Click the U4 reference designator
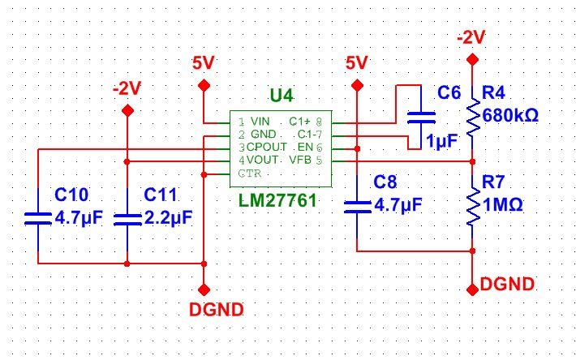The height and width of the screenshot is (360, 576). [x=282, y=96]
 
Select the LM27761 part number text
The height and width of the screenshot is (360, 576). [x=277, y=201]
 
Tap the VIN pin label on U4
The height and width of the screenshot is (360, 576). [x=260, y=121]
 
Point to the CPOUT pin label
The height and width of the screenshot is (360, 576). [x=267, y=147]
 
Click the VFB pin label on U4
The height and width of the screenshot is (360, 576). [x=300, y=160]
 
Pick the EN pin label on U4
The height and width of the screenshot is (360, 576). [x=305, y=147]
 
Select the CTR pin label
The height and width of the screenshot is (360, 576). [x=250, y=173]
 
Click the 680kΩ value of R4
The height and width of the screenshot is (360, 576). [x=510, y=116]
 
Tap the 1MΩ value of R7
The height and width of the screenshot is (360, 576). [x=502, y=205]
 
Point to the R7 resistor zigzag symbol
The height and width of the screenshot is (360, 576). [x=473, y=205]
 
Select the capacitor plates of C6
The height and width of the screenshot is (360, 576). [x=421, y=118]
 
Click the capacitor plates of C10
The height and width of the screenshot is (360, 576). [x=38, y=218]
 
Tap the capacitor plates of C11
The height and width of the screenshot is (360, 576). [x=127, y=220]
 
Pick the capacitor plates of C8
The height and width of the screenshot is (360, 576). [x=357, y=207]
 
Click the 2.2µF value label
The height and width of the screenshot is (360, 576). [x=169, y=218]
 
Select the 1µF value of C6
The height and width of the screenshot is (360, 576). [x=442, y=141]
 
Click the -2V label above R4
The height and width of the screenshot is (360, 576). [x=471, y=37]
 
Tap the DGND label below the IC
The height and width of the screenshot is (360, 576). [x=217, y=310]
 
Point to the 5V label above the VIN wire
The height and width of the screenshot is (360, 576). [x=203, y=63]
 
